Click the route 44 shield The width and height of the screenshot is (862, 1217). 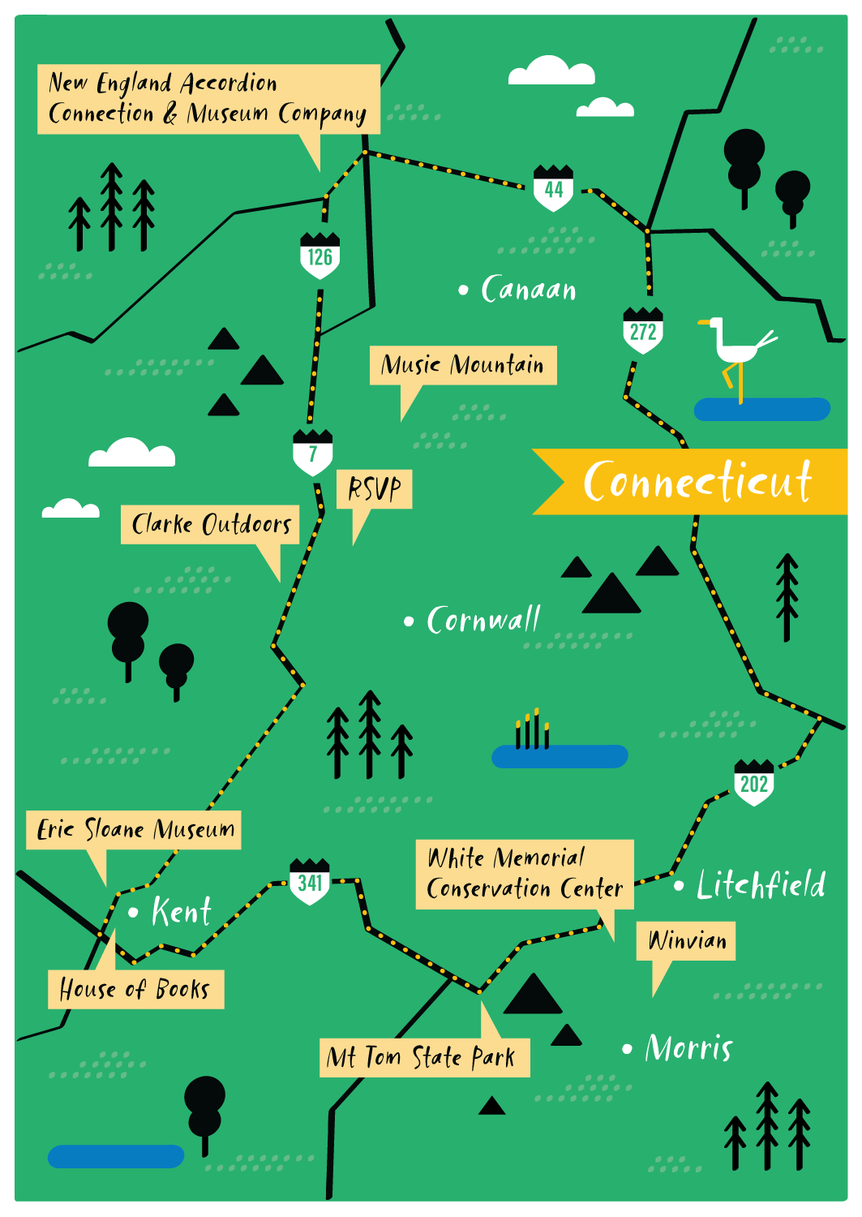pyautogui.click(x=554, y=188)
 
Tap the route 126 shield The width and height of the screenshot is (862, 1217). pyautogui.click(x=320, y=256)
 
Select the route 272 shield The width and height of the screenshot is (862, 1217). pyautogui.click(x=643, y=331)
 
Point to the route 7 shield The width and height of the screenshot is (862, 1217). pyautogui.click(x=313, y=453)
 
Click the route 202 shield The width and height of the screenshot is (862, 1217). pyautogui.click(x=753, y=783)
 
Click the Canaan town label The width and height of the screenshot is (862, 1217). pyautogui.click(x=528, y=290)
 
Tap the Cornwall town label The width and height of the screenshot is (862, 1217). pyautogui.click(x=482, y=621)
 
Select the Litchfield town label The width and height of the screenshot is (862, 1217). pyautogui.click(x=761, y=885)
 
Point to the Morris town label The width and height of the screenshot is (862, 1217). pyautogui.click(x=688, y=1048)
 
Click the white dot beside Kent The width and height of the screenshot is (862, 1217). pyautogui.click(x=133, y=913)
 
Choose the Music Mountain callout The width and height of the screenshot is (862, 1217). pyautogui.click(x=463, y=365)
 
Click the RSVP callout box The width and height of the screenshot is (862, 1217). pyautogui.click(x=375, y=489)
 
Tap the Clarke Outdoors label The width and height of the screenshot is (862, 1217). pyautogui.click(x=211, y=524)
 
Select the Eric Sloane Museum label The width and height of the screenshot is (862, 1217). pyautogui.click(x=135, y=830)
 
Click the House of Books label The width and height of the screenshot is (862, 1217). pyautogui.click(x=135, y=989)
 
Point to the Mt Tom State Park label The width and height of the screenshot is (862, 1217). pyautogui.click(x=424, y=1057)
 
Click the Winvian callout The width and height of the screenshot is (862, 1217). pyautogui.click(x=686, y=941)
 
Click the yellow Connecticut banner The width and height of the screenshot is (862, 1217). pyautogui.click(x=697, y=481)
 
